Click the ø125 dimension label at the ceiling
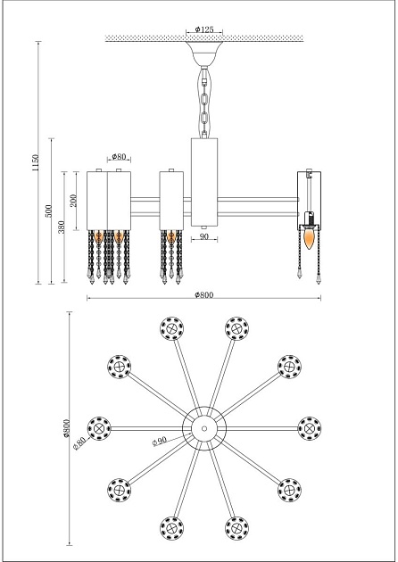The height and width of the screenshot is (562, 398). click(204, 29)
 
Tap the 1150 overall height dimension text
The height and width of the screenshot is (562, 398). click(36, 162)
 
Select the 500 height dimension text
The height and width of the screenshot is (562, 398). click(48, 211)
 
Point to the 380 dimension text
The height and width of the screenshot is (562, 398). click(62, 227)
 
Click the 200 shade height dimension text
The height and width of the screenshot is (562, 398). click(73, 201)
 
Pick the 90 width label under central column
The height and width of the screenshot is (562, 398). click(203, 237)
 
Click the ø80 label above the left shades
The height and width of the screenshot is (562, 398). click(119, 156)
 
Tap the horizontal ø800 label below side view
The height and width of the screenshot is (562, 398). click(204, 294)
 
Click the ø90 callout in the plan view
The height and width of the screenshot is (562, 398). click(160, 441)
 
